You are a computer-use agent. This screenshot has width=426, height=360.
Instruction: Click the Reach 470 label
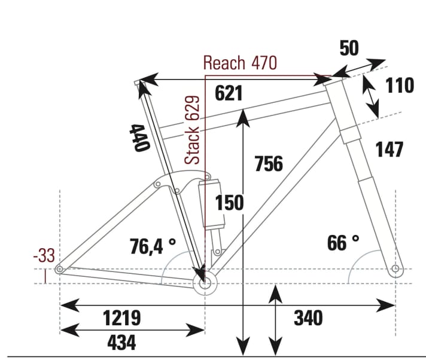(240, 63)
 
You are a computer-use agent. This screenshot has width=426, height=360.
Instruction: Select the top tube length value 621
(229, 94)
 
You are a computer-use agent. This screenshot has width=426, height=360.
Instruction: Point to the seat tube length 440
(140, 138)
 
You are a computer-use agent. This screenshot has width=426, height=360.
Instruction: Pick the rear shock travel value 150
(230, 203)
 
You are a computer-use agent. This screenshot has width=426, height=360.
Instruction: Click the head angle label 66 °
(343, 243)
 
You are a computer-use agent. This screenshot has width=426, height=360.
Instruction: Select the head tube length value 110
(399, 86)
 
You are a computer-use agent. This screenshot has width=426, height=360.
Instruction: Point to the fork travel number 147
(389, 150)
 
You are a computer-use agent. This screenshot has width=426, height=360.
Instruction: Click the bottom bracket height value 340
(308, 318)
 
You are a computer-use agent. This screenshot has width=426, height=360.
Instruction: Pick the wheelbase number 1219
(121, 318)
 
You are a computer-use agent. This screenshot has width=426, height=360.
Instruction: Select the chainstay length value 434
(121, 342)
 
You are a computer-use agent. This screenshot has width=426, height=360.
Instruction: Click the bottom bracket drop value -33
(43, 256)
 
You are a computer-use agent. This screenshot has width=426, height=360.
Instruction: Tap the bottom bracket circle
(205, 283)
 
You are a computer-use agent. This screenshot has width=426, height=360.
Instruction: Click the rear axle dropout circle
(59, 270)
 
